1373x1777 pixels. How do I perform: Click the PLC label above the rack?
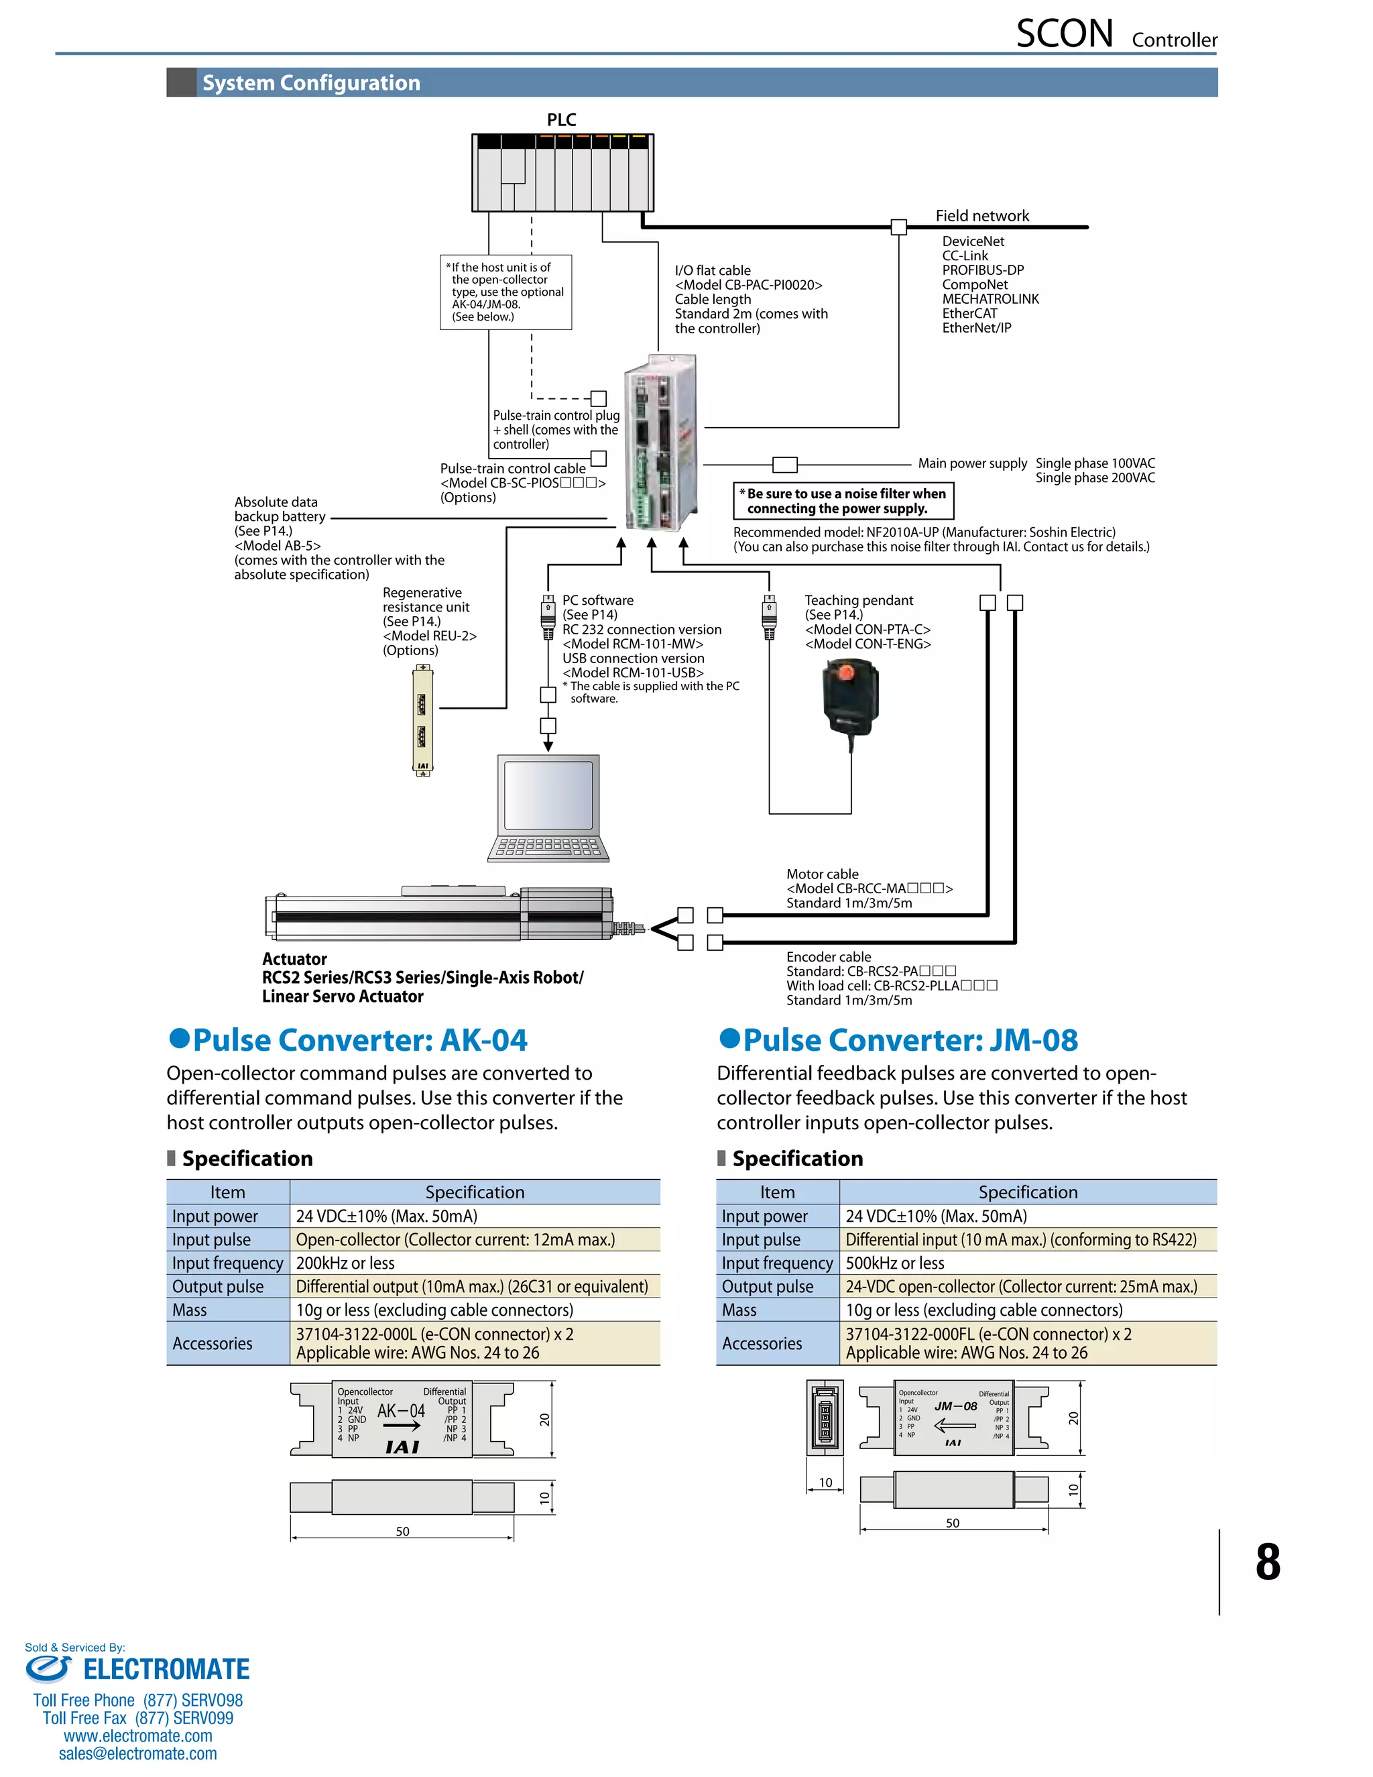tap(561, 119)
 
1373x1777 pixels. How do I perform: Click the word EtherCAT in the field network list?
tap(969, 313)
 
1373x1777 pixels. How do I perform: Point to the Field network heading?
tap(981, 216)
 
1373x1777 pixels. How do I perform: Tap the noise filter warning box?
tap(843, 500)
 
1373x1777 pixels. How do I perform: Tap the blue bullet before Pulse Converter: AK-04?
tap(179, 1038)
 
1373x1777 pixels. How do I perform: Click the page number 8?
tap(1267, 1562)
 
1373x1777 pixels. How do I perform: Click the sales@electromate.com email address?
tap(137, 1754)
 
